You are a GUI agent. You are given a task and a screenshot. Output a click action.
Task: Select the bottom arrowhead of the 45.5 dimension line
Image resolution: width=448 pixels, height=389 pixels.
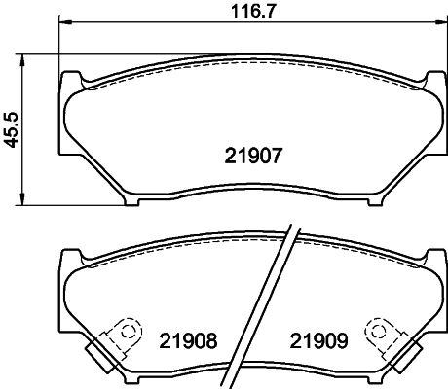[x=25, y=201]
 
